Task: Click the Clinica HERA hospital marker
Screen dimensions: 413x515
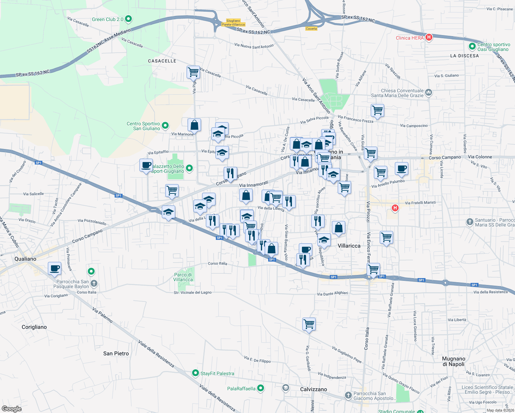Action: pyautogui.click(x=429, y=38)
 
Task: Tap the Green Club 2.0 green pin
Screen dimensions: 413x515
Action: pyautogui.click(x=128, y=19)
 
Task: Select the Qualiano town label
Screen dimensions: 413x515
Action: pyautogui.click(x=25, y=259)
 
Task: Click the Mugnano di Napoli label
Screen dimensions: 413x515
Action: pyautogui.click(x=454, y=361)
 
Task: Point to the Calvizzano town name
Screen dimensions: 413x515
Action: pyautogui.click(x=313, y=389)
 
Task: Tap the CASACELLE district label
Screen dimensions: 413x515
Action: pyautogui.click(x=162, y=61)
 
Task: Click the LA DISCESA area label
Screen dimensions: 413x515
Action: pyautogui.click(x=464, y=56)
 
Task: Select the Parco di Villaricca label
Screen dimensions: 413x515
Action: pyautogui.click(x=183, y=277)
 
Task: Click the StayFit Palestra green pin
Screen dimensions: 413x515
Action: pyautogui.click(x=196, y=373)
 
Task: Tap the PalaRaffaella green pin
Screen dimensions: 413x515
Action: pyautogui.click(x=261, y=388)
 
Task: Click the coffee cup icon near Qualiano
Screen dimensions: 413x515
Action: pyautogui.click(x=54, y=268)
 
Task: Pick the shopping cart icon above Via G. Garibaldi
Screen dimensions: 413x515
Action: pyautogui.click(x=309, y=324)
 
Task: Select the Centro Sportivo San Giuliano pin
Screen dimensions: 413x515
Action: pyautogui.click(x=165, y=126)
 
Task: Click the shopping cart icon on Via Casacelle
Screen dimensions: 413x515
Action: pyautogui.click(x=193, y=72)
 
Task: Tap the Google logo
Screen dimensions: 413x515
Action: pyautogui.click(x=11, y=409)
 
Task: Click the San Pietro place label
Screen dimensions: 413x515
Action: pyautogui.click(x=116, y=353)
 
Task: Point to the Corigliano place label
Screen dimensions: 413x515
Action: pyautogui.click(x=34, y=327)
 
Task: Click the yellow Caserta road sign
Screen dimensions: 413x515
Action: pyautogui.click(x=311, y=29)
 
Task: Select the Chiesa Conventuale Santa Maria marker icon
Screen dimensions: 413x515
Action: pyautogui.click(x=429, y=92)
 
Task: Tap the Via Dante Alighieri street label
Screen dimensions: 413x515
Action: pyautogui.click(x=332, y=294)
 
